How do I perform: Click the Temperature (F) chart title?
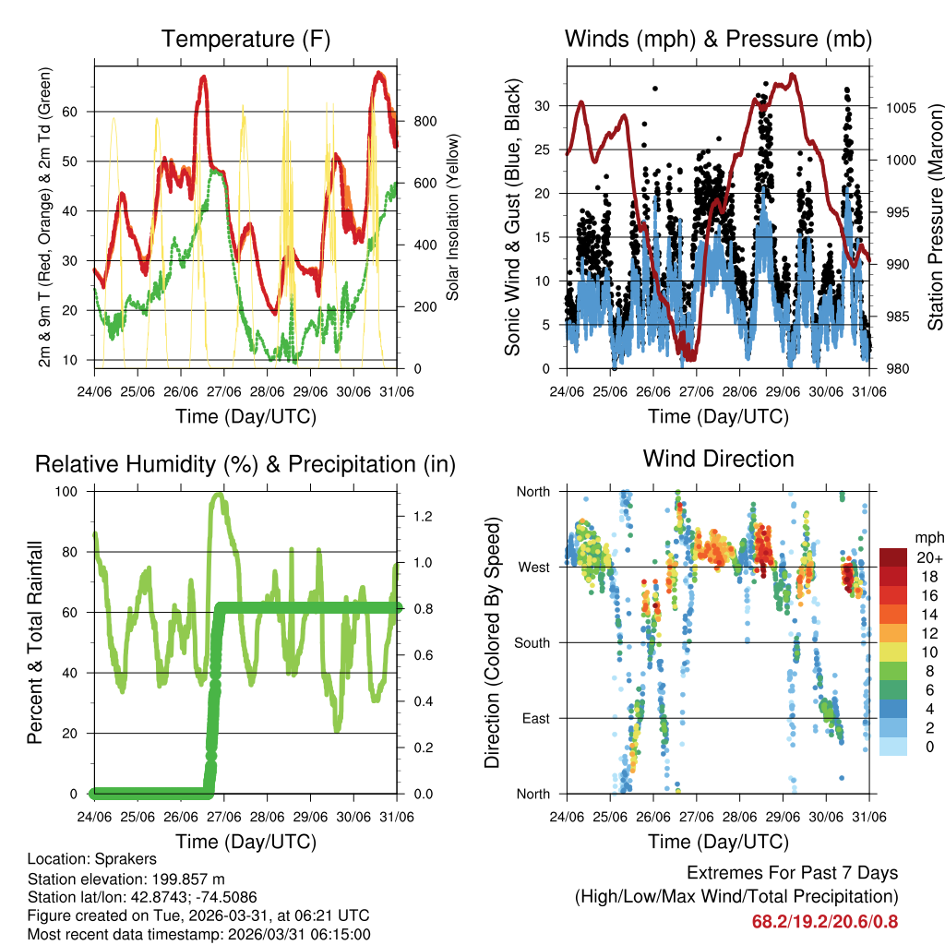pyautogui.click(x=245, y=40)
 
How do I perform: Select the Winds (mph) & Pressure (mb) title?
pyautogui.click(x=718, y=40)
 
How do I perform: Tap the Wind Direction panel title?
pyautogui.click(x=718, y=459)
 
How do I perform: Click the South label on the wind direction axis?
pyautogui.click(x=532, y=643)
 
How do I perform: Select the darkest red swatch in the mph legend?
pyautogui.click(x=892, y=557)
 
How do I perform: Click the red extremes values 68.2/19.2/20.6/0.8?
pyautogui.click(x=825, y=921)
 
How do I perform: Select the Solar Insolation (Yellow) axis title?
pyautogui.click(x=453, y=218)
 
